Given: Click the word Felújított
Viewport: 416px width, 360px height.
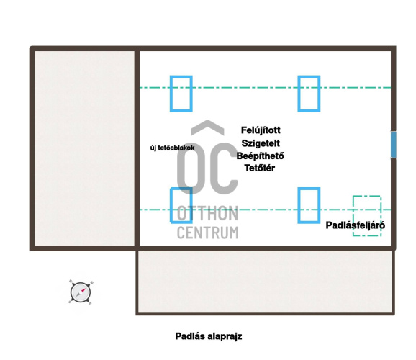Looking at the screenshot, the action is click(x=261, y=130).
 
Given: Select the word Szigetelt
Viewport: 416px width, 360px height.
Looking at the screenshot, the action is click(x=261, y=143).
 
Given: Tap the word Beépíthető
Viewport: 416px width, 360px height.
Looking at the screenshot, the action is click(x=260, y=156).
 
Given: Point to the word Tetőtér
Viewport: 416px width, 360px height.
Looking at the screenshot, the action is click(x=260, y=168).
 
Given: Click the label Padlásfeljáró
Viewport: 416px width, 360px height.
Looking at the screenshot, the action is click(x=356, y=225).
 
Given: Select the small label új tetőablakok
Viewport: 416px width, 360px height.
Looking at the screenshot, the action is click(x=173, y=148).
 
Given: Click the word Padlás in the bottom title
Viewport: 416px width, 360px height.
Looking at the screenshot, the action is click(x=190, y=336).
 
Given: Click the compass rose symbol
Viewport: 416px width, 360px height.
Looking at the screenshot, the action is click(x=81, y=292).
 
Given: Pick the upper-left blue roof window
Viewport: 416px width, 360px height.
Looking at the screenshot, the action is click(x=171, y=94).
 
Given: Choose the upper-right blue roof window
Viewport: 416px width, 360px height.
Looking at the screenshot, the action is click(x=299, y=94).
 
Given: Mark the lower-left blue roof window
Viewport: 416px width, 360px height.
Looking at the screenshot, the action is click(x=171, y=205).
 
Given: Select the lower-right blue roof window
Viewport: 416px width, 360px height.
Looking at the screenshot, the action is click(x=299, y=205).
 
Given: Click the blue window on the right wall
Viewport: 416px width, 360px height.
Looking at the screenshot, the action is click(x=394, y=145).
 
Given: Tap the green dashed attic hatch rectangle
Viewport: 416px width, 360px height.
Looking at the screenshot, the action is click(x=353, y=216).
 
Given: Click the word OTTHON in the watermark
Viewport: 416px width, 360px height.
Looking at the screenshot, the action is click(x=207, y=213).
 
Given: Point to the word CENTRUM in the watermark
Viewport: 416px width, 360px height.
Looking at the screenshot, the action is click(x=207, y=233).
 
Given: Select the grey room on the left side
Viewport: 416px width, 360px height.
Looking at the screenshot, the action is click(x=84, y=148).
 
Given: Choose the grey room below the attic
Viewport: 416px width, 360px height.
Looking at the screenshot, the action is click(x=266, y=282).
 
